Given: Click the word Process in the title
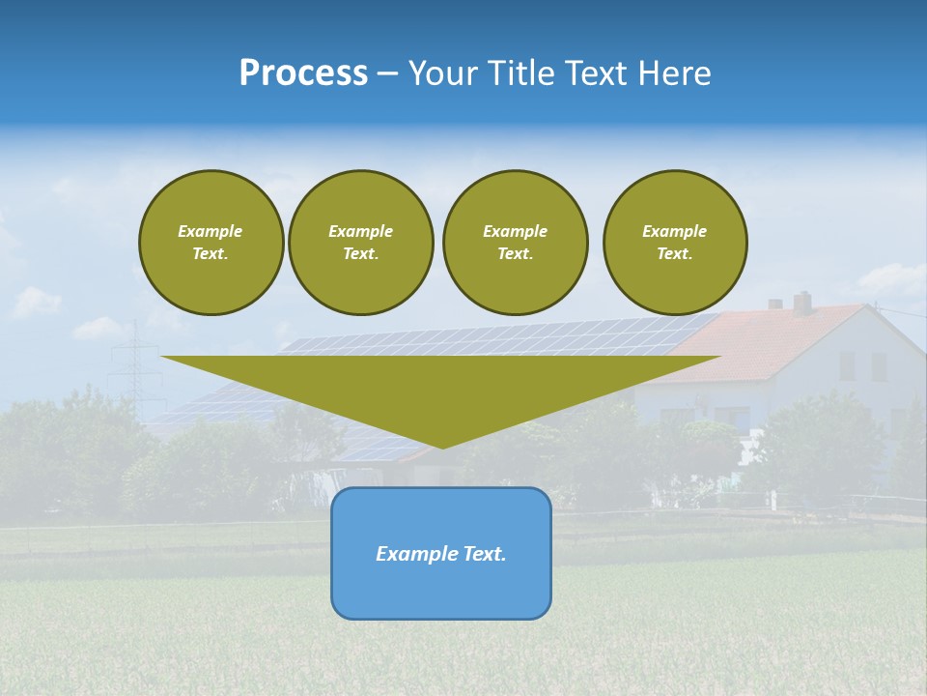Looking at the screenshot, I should click(303, 73).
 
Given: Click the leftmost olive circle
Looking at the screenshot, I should click(211, 243).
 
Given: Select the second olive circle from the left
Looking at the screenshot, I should click(360, 243).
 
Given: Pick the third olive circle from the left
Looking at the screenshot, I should click(515, 243).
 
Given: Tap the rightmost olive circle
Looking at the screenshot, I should click(674, 243).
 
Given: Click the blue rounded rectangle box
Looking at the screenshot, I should click(441, 590).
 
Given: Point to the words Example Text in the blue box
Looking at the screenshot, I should click(441, 554).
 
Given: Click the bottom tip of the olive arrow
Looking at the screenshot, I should click(442, 446).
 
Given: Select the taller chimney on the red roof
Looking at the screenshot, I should click(801, 302).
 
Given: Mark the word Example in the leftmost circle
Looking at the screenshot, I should click(211, 231).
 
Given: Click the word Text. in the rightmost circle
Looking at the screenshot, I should click(674, 254).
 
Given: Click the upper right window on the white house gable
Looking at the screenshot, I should click(878, 365).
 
